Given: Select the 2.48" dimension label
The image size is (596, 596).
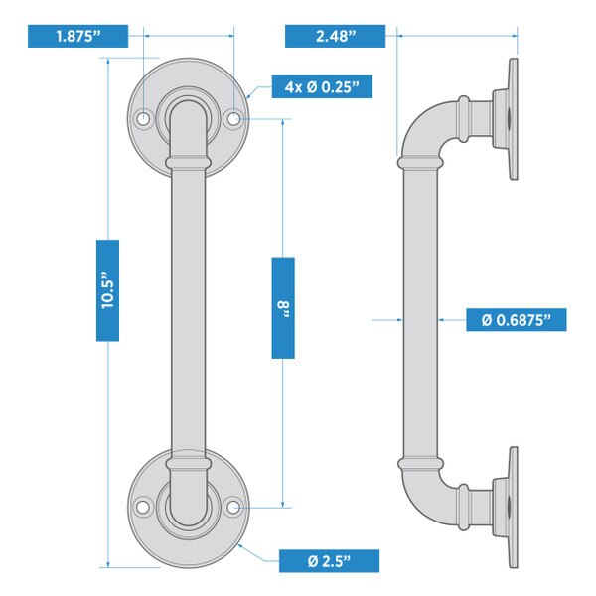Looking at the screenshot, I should click(335, 37).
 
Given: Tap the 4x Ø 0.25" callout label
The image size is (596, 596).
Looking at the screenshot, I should click(321, 87).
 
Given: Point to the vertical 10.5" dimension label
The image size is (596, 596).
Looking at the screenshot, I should click(107, 290).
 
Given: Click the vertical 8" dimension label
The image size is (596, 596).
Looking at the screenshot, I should click(283, 307).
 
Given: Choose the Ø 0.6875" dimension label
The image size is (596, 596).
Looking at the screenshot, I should click(517, 320).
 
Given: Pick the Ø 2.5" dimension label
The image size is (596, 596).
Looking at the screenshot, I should click(329, 560).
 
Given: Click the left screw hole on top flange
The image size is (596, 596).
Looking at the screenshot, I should click(142, 118).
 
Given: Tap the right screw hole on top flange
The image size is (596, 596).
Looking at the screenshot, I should click(235, 118).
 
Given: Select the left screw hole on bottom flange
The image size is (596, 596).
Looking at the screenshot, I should click(142, 507).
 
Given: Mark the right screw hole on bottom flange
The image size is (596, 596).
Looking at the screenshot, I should click(235, 507).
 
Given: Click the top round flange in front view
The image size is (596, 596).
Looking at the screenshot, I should click(189, 84).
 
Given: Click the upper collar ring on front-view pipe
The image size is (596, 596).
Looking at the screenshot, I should click(189, 161).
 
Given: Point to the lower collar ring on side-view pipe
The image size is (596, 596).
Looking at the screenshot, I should click(419, 462).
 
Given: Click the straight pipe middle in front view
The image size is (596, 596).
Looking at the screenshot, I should click(189, 308).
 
